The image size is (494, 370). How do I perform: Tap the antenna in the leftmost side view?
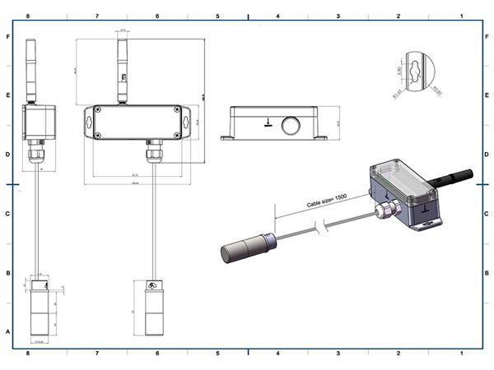[34, 71]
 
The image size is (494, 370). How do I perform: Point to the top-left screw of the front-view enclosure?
[99, 111]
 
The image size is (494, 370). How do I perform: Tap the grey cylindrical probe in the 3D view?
[245, 247]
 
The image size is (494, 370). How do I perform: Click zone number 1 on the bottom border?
[462, 354]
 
